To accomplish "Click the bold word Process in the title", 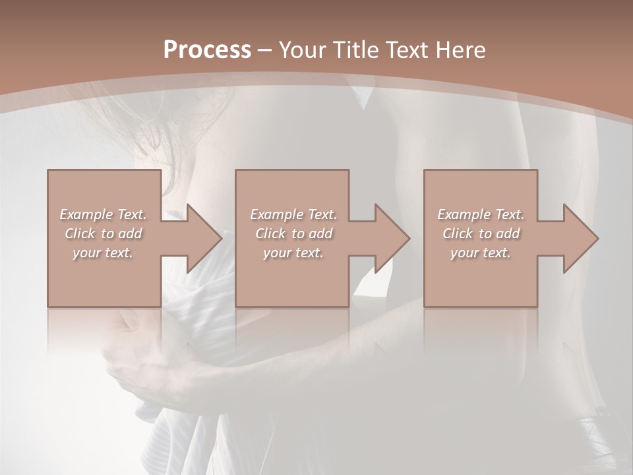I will click(207, 50).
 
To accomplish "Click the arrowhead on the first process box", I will click(201, 238).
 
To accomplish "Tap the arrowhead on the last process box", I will click(578, 238).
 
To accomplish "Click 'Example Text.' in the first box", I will click(103, 214).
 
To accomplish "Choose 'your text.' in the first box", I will click(103, 253).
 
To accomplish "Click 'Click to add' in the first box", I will click(103, 234).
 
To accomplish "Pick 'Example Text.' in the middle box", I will click(293, 214).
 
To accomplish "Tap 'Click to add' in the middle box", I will click(293, 234).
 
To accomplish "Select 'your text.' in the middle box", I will click(293, 253).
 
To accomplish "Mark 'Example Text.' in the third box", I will click(481, 214).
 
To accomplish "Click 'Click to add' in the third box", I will click(481, 234).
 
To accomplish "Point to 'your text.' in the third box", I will click(481, 253).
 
